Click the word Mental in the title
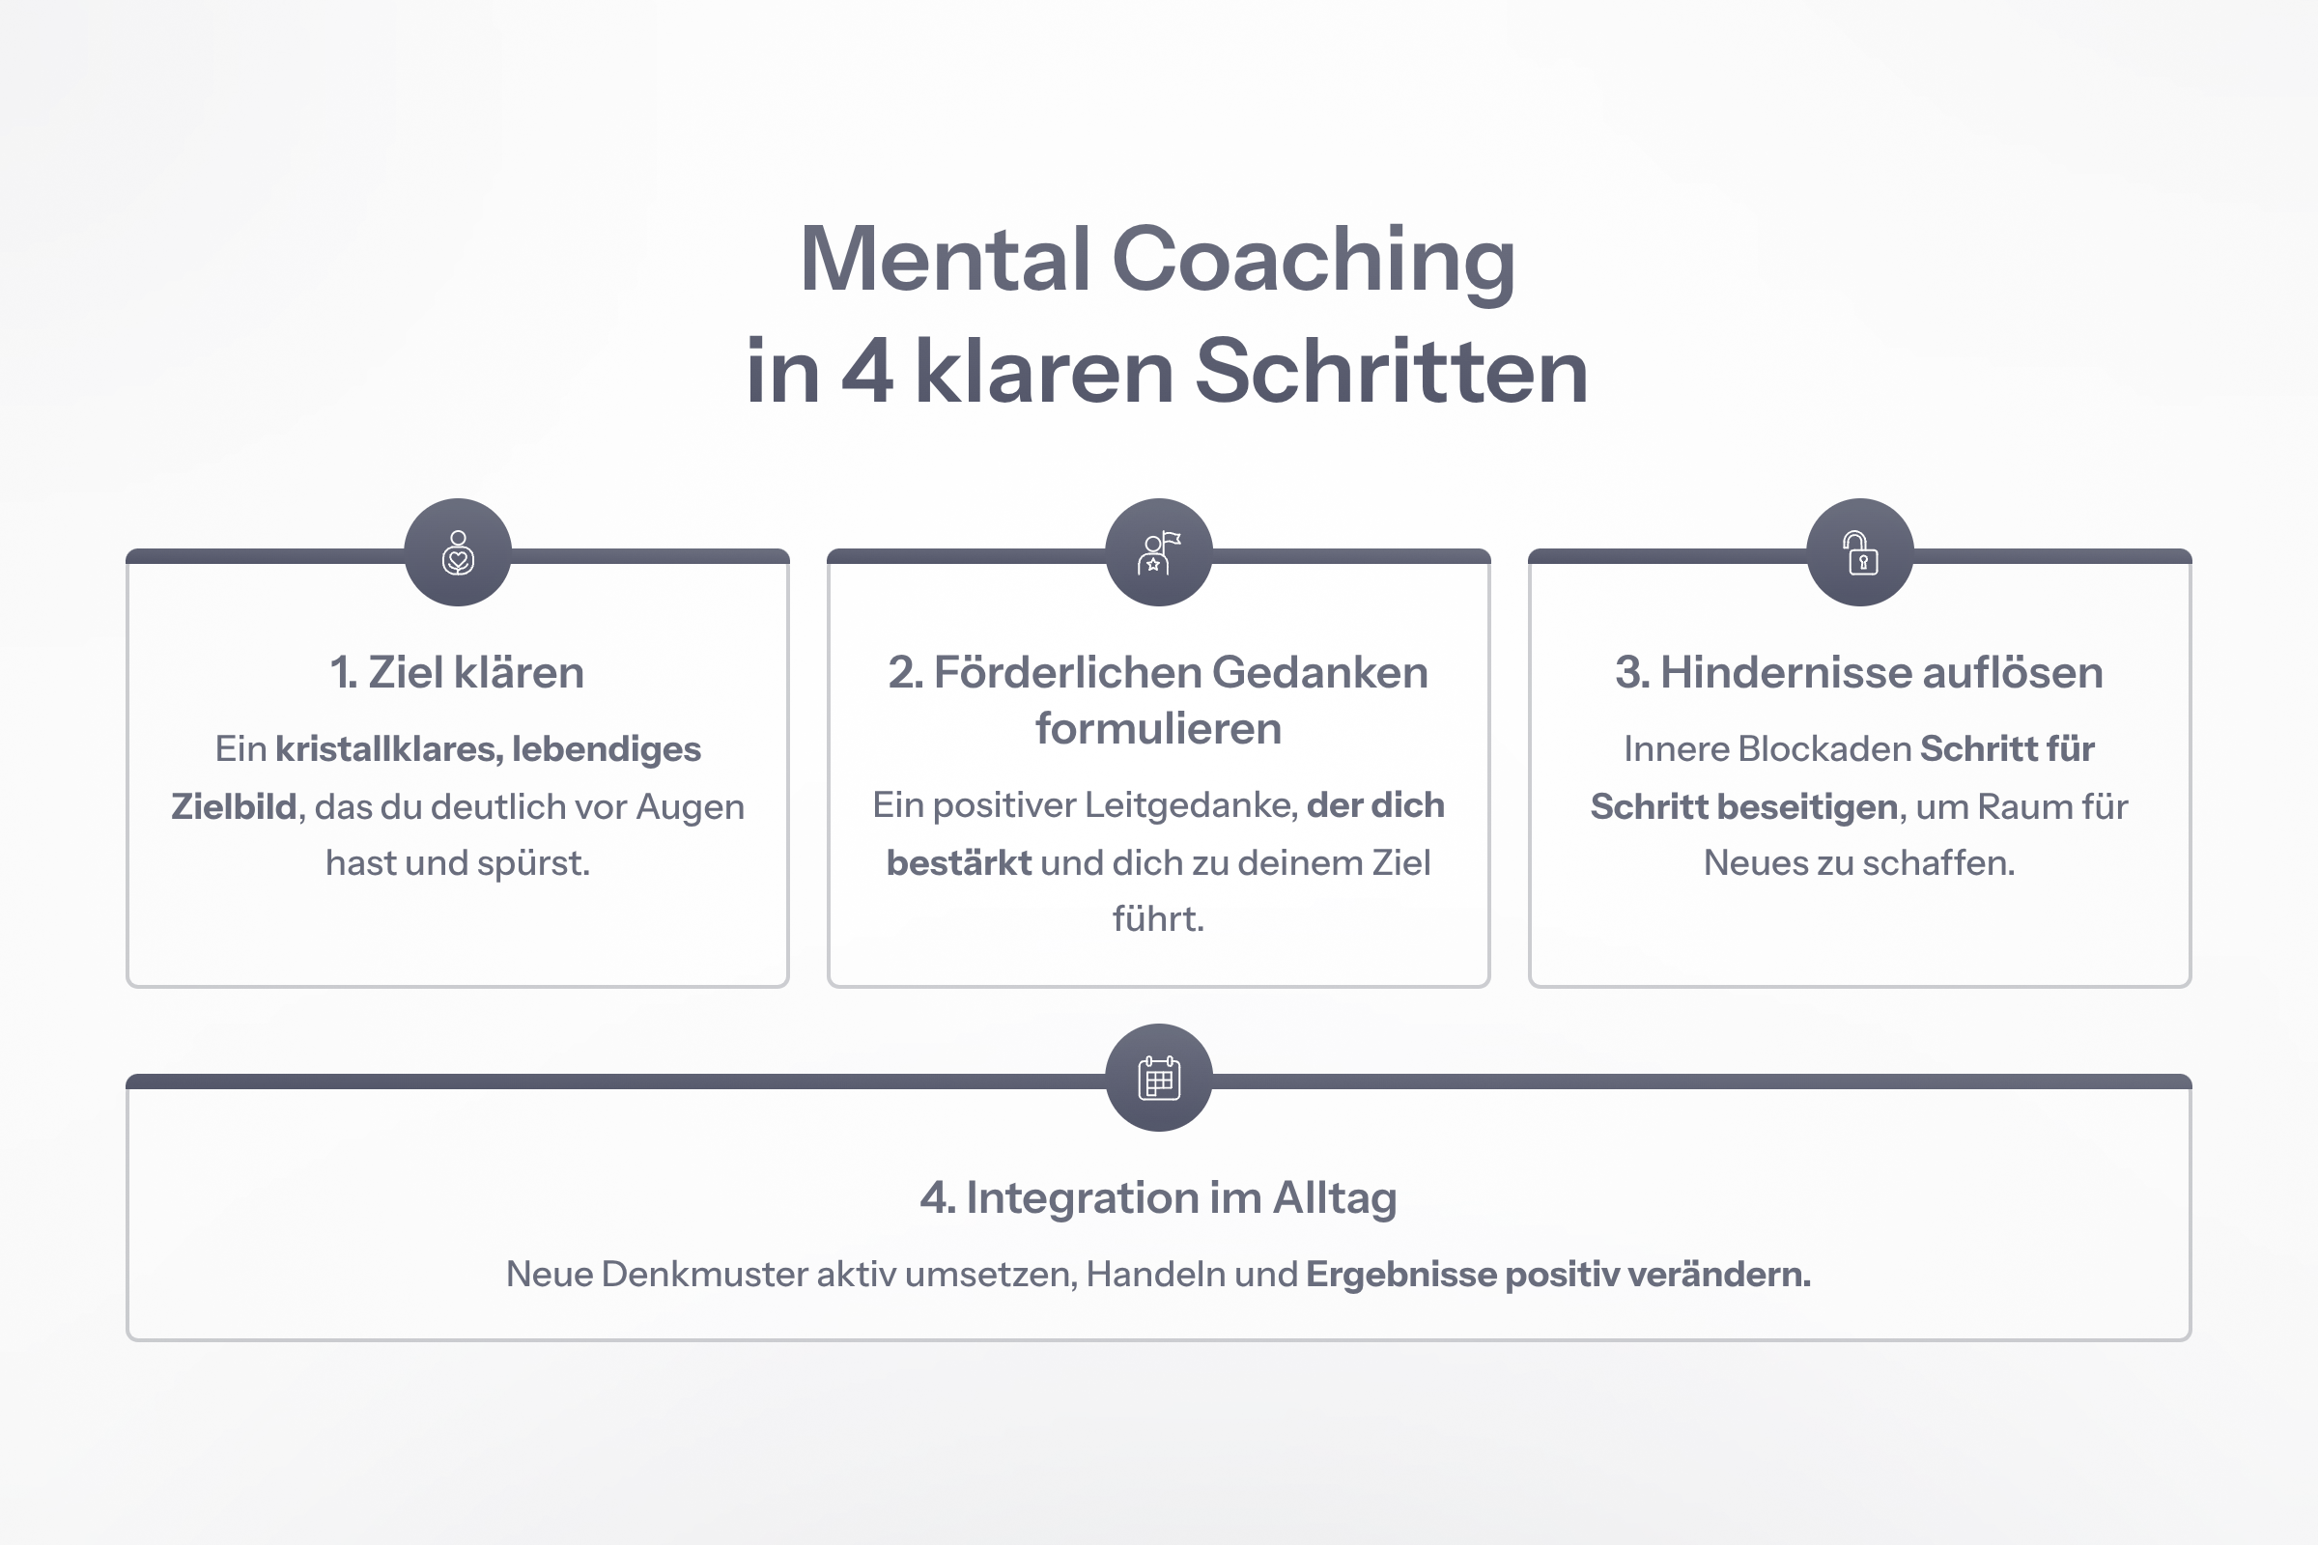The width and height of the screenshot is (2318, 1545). point(945,260)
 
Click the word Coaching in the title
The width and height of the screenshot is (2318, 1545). point(1313,262)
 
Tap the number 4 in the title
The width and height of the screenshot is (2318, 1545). point(867,373)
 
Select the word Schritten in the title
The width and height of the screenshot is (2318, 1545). point(1391,373)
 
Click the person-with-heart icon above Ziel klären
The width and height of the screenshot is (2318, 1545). point(458,552)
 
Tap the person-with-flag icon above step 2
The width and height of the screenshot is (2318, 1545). point(1159,552)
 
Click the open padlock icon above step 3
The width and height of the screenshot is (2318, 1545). point(1860,552)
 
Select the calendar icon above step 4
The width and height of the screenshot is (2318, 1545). point(1159,1078)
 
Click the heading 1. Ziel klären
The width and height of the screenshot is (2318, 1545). point(457,673)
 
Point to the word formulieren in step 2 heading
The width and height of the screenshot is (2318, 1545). point(1158,729)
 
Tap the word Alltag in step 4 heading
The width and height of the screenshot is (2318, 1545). point(1335,1199)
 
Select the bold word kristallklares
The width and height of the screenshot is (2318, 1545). point(388,750)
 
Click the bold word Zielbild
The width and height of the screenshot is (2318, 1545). point(234,807)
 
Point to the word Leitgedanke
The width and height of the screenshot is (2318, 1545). point(1191,806)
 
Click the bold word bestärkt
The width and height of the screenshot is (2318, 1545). point(958,863)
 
